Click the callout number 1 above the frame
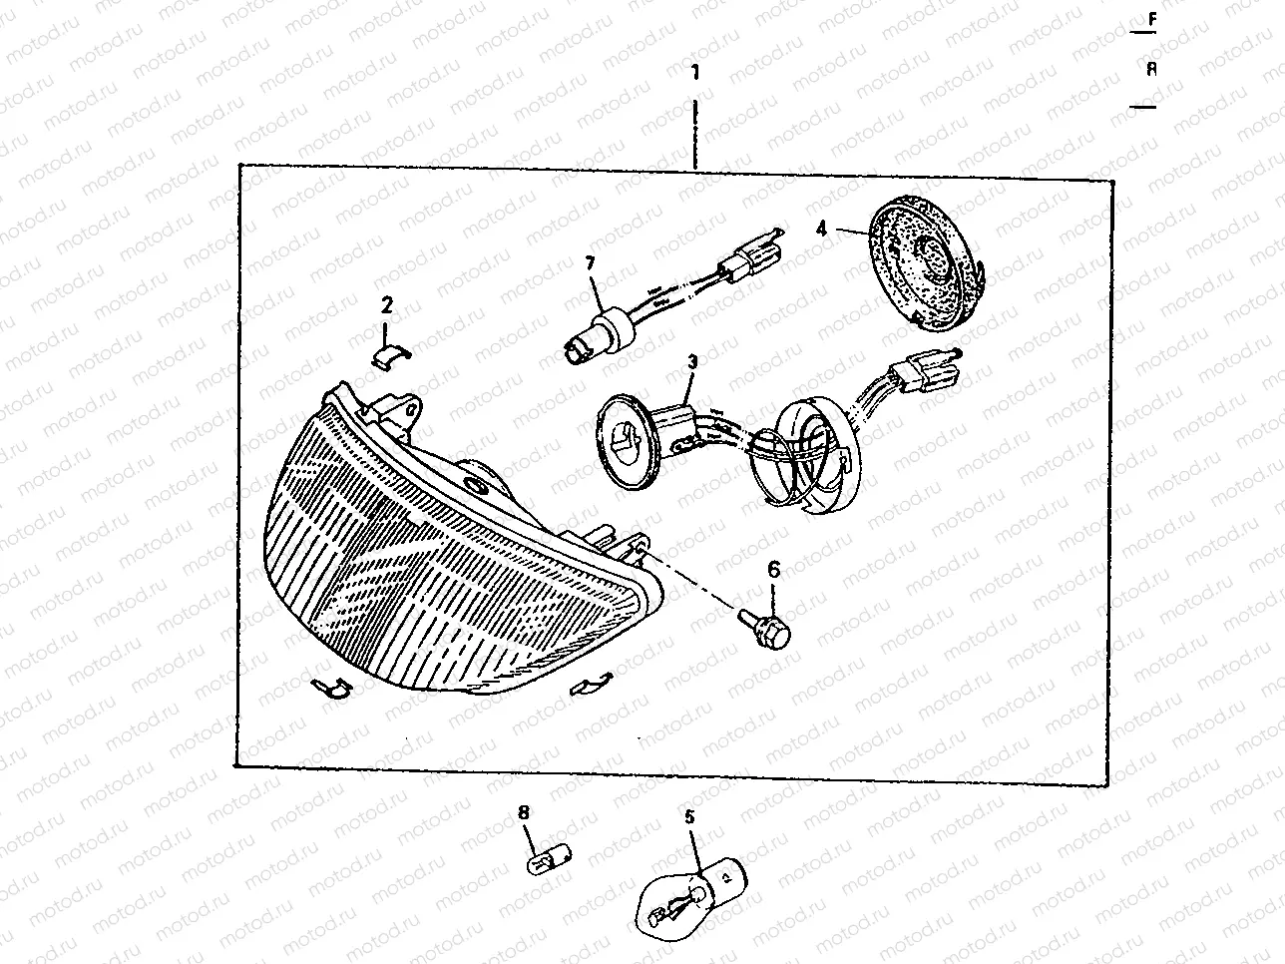pyautogui.click(x=695, y=73)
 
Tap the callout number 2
pyautogui.click(x=387, y=304)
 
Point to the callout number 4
pyautogui.click(x=821, y=229)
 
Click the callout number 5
pyautogui.click(x=689, y=815)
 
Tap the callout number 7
pyautogui.click(x=589, y=263)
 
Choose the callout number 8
pyautogui.click(x=524, y=813)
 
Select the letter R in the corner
pyautogui.click(x=1152, y=69)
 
